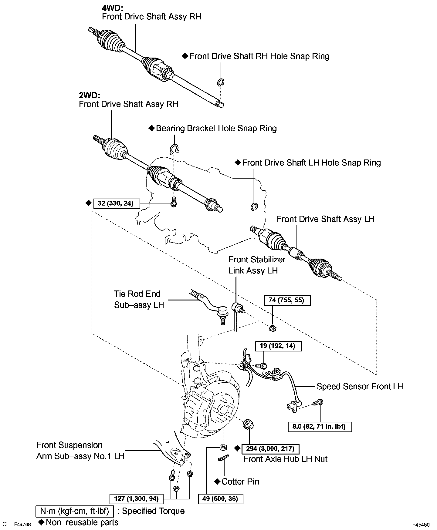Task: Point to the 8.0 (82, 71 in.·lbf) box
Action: (x=320, y=427)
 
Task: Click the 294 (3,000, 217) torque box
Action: (x=270, y=448)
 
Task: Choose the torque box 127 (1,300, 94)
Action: (x=136, y=499)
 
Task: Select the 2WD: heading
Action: (x=90, y=95)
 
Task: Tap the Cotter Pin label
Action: (x=240, y=481)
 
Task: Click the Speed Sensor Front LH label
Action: (x=360, y=386)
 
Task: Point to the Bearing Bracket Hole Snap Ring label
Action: (x=216, y=128)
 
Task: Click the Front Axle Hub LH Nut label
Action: (x=285, y=459)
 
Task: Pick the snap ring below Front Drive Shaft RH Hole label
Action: (x=221, y=82)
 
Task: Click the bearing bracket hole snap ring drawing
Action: (x=174, y=148)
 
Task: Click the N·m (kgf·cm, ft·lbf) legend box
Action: (x=75, y=511)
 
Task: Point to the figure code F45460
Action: (x=421, y=524)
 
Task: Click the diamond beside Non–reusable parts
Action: (x=41, y=522)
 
